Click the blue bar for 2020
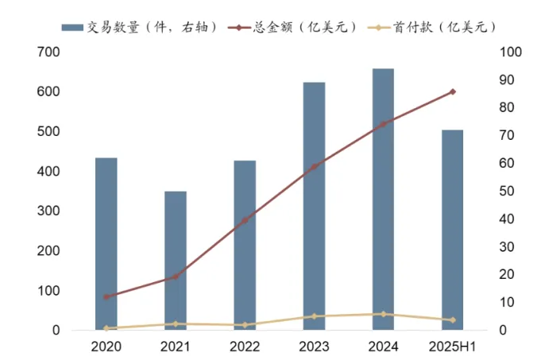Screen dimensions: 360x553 pos(106,243)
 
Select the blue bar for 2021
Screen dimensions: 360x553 pos(175,260)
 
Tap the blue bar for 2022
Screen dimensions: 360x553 pos(245,245)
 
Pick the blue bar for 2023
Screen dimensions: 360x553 pos(314,206)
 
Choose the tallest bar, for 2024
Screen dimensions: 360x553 pos(383,199)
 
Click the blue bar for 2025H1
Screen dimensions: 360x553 pos(452,230)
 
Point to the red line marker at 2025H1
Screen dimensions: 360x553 pos(453,91)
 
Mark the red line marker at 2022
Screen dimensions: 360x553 pos(245,219)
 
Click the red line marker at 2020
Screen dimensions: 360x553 pos(106,296)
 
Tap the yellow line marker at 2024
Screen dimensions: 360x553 pos(383,314)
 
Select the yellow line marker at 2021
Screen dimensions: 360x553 pos(175,323)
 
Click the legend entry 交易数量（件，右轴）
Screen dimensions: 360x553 pos(140,27)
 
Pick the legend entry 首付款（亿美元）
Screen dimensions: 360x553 pos(437,27)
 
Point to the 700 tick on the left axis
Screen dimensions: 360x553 pos(49,52)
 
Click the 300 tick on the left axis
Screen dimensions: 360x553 pos(49,211)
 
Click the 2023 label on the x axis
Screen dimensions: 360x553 pos(314,346)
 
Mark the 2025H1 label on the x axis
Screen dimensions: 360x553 pos(452,346)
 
